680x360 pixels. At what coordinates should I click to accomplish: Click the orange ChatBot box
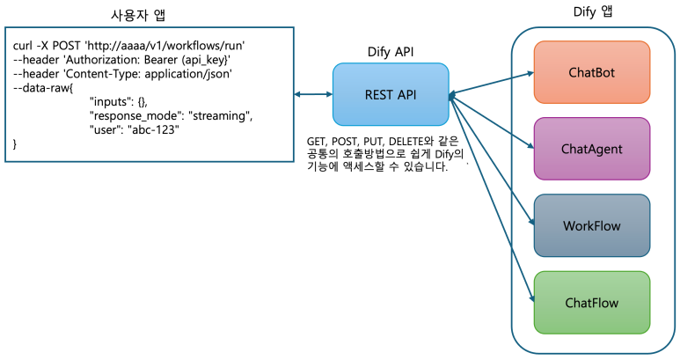593,71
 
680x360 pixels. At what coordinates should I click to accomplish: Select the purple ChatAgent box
593,149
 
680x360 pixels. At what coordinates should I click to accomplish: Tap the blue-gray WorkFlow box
592,226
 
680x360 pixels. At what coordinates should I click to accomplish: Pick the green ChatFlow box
592,304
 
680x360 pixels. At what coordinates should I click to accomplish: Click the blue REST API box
389,94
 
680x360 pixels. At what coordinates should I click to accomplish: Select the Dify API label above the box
389,52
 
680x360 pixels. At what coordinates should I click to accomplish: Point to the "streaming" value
221,116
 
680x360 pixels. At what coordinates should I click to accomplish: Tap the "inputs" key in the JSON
112,102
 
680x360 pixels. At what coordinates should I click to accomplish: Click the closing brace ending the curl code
14,144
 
